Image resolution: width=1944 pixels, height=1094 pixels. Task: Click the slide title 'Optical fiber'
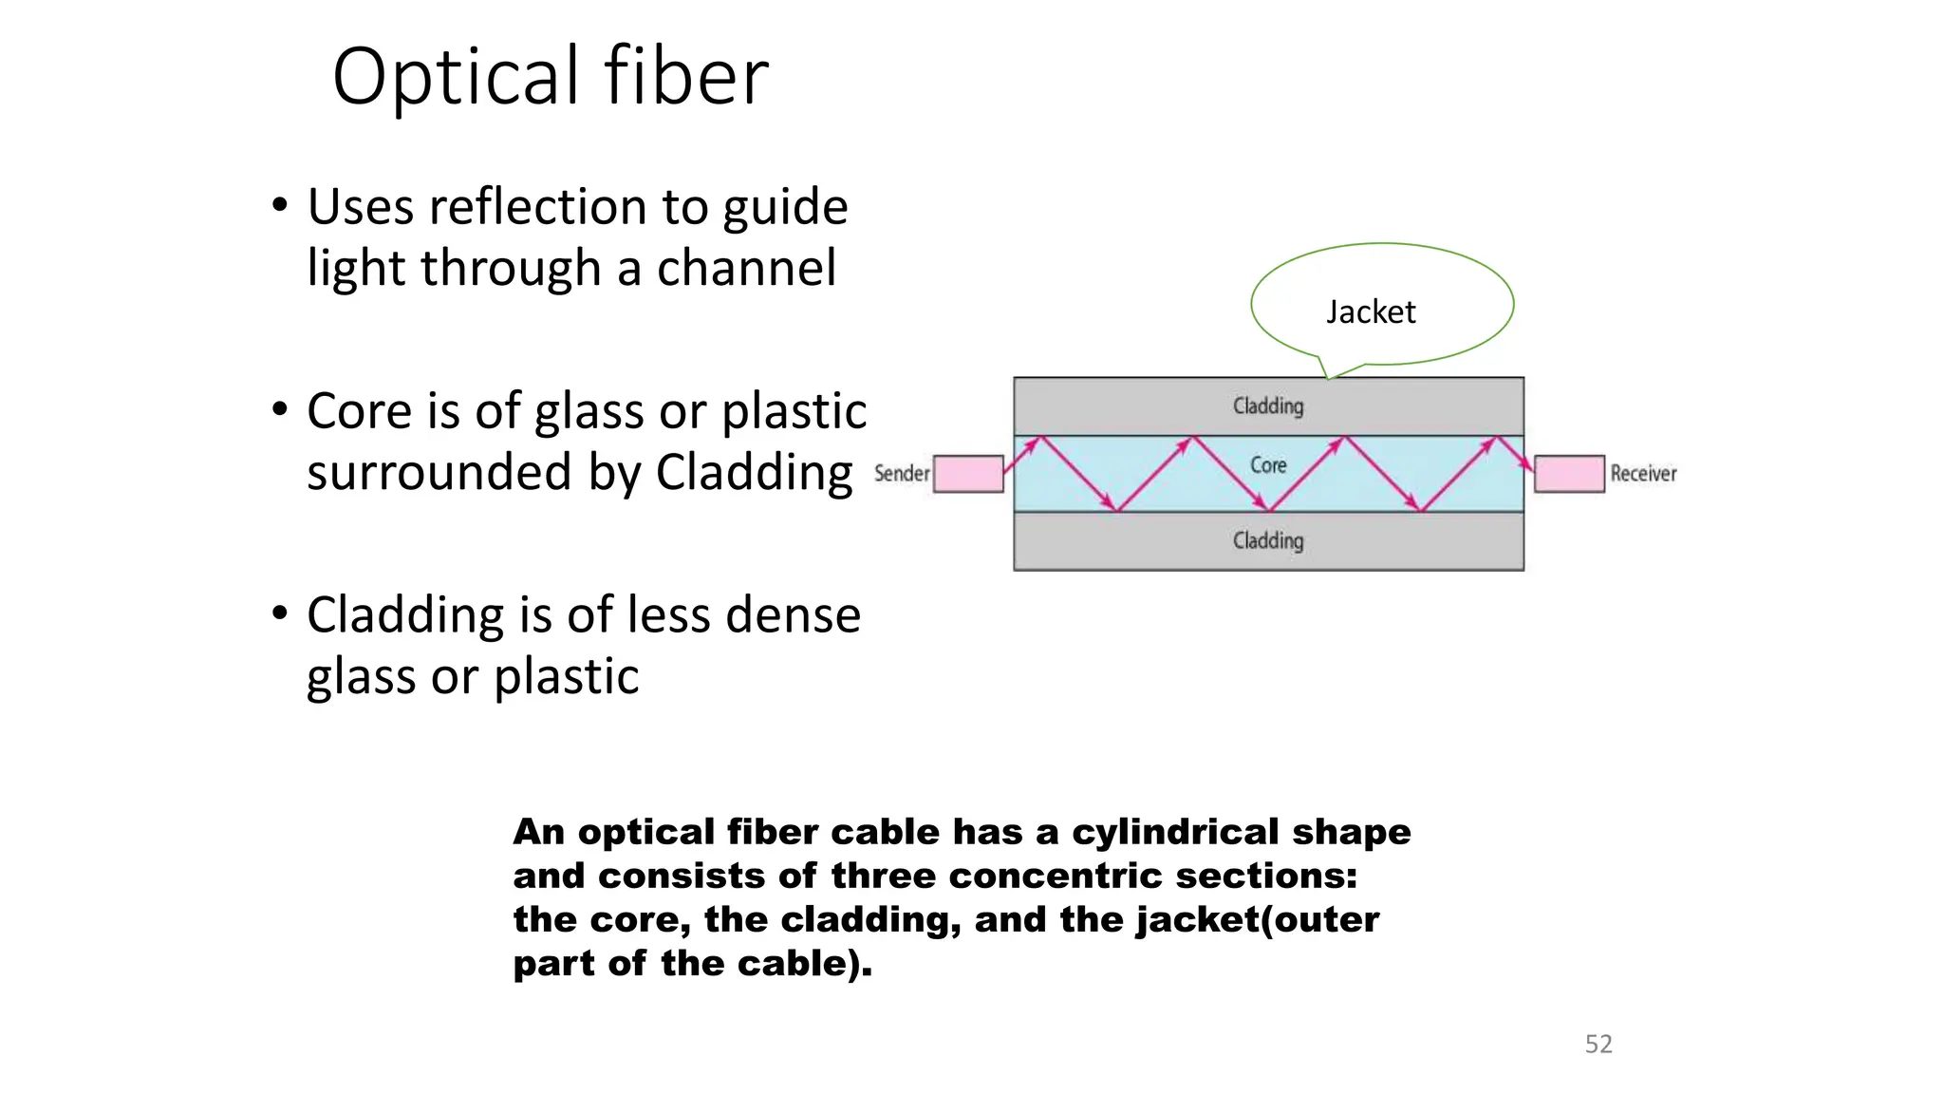[550, 77]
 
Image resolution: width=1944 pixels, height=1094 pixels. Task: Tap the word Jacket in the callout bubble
[1370, 311]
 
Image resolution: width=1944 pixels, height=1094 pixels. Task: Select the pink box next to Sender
[968, 474]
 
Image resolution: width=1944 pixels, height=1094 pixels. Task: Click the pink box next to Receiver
[1569, 474]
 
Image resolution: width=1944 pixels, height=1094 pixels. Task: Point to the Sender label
[901, 473]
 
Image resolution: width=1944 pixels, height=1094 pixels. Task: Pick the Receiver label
[1643, 473]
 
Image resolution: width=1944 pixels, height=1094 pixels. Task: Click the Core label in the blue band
[1268, 465]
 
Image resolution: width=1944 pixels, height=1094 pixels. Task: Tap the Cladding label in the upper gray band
[1268, 406]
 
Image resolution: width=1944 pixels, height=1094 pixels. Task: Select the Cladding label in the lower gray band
[1268, 541]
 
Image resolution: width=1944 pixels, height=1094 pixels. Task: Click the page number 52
[1598, 1044]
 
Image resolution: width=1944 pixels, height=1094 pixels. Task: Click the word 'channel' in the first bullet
[746, 268]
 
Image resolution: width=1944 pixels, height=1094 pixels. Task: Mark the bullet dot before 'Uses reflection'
[279, 204]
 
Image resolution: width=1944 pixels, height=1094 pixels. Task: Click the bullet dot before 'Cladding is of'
[279, 613]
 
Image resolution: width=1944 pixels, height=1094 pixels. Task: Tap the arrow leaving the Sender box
[1021, 455]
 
